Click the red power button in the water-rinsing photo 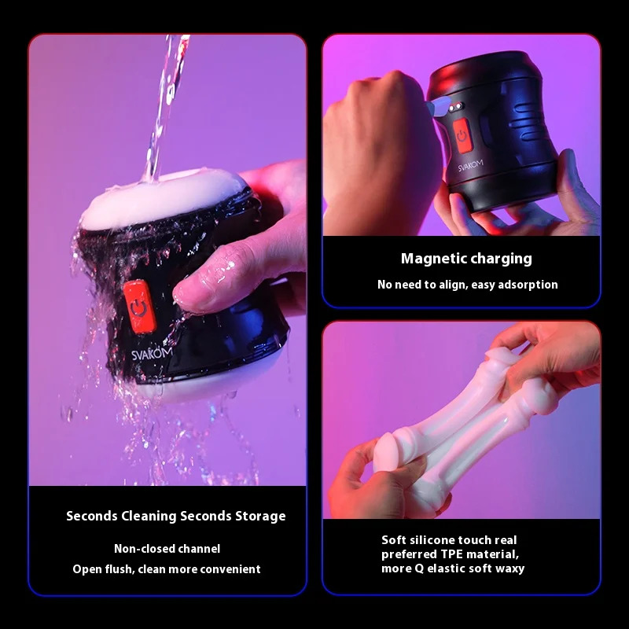[140, 307]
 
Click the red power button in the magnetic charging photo [462, 135]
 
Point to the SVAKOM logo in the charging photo [470, 165]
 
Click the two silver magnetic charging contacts [455, 108]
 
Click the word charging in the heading [501, 259]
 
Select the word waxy [509, 568]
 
